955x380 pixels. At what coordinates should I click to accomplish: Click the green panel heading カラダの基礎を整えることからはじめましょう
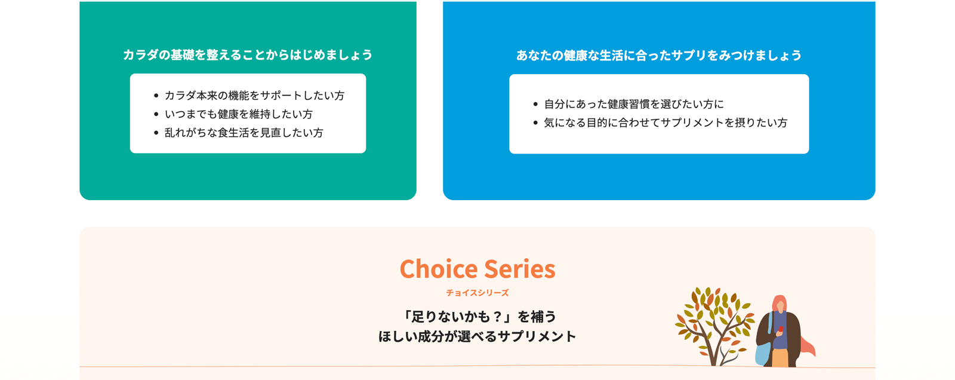pos(248,55)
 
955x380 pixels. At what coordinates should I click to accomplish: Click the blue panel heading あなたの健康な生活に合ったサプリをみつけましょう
pos(659,56)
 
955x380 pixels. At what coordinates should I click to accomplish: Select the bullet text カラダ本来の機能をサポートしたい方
pos(254,95)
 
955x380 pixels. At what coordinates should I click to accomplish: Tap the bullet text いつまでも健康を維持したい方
pos(239,114)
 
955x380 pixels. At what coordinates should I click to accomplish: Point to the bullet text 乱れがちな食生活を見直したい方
pos(244,133)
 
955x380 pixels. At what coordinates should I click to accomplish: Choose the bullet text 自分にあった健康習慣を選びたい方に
pos(634,104)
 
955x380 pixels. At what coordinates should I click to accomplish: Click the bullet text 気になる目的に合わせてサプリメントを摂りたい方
pos(666,122)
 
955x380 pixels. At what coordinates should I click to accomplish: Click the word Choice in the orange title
pos(438,269)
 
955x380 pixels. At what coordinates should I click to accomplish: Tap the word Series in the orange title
pos(520,269)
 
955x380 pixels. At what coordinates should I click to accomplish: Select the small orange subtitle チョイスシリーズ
pos(478,293)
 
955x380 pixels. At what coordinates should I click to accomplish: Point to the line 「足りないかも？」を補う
pos(478,317)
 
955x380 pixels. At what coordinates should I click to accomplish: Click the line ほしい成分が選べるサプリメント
pos(478,336)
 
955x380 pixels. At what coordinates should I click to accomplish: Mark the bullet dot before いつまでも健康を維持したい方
pos(156,115)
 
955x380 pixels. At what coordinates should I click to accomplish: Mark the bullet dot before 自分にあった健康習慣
pos(535,104)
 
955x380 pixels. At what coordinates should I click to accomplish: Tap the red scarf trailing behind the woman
pos(808,347)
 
